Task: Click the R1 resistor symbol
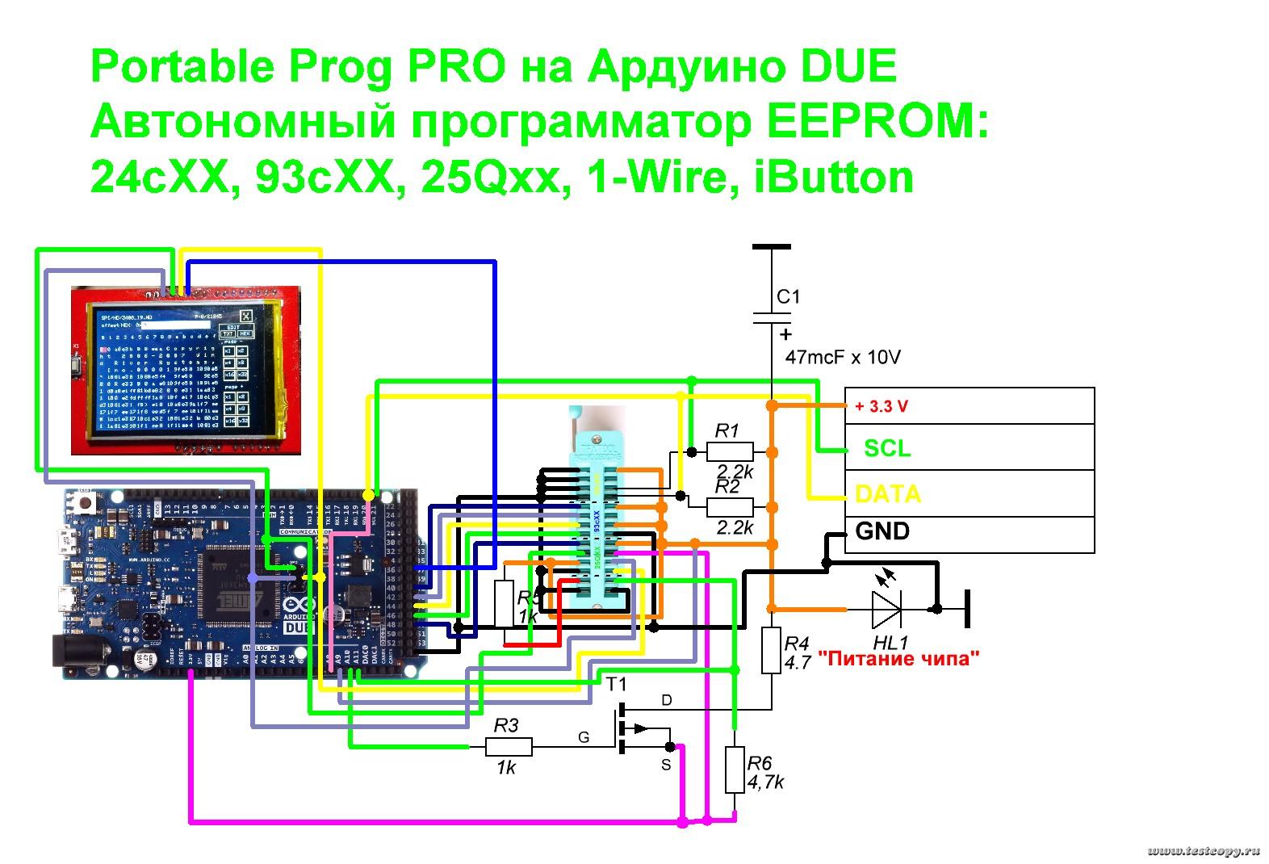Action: coord(730,451)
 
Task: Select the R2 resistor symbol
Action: coord(730,507)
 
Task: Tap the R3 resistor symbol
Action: coord(509,747)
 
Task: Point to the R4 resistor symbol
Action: coord(771,651)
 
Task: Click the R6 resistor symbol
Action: coord(734,770)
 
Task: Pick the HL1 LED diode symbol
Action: coord(886,608)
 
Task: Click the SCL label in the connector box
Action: coord(886,448)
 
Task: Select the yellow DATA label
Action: coord(887,493)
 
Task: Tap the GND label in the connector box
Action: coord(882,531)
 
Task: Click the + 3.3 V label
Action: coord(881,406)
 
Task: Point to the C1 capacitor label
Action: coord(788,297)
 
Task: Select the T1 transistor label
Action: coord(616,685)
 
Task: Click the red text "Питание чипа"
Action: coord(898,658)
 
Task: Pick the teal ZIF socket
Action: coord(597,517)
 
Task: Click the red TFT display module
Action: coord(185,370)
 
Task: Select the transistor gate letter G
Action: coord(583,736)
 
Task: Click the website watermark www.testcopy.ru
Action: coord(1203,851)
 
